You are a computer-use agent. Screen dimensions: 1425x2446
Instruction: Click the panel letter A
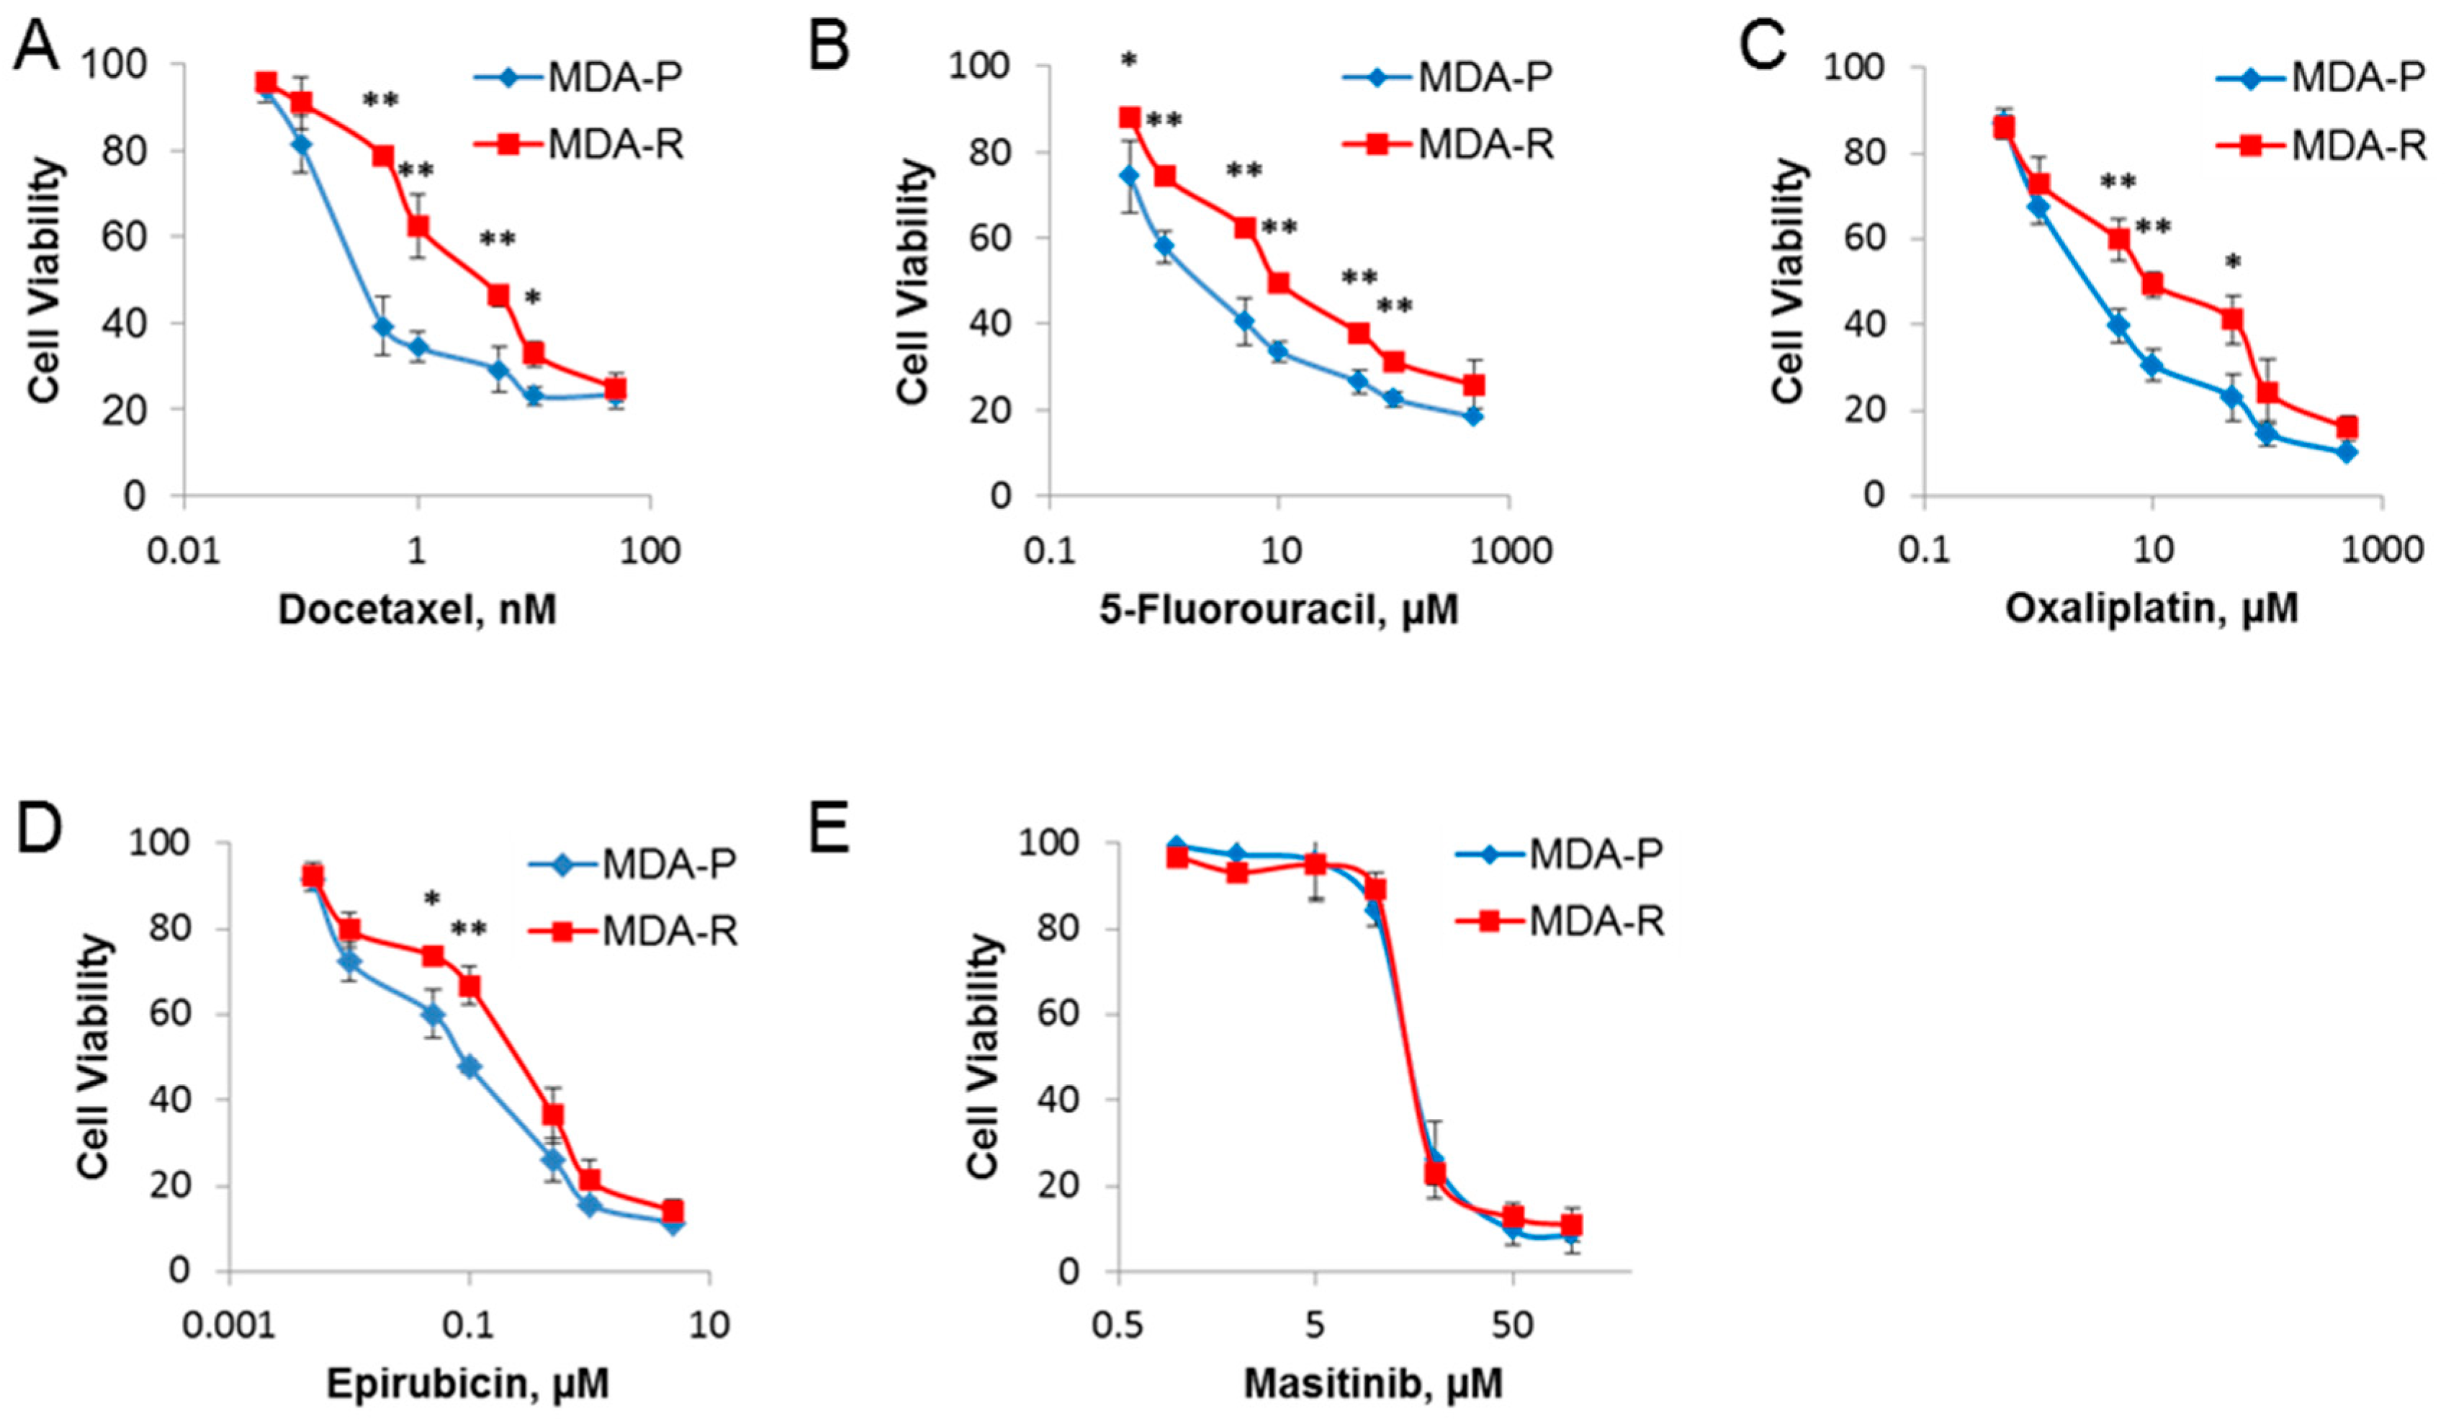[35, 47]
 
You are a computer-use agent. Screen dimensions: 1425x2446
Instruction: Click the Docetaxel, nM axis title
[418, 610]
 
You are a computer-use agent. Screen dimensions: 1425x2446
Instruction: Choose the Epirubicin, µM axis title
[468, 1383]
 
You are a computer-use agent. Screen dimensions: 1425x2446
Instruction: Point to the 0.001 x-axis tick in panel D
[229, 1325]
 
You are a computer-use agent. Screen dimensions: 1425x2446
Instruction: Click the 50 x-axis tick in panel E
[1512, 1325]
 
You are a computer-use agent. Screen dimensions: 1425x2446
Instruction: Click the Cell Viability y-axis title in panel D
[93, 1056]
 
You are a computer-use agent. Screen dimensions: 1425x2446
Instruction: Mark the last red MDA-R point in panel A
[616, 388]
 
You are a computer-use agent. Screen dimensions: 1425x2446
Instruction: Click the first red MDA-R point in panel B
[1130, 117]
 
